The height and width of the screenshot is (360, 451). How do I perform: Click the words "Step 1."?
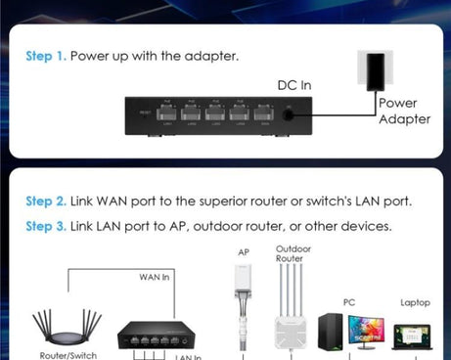45,56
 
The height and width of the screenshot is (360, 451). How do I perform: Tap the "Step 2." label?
45,202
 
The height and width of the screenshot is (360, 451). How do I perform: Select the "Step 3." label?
45,226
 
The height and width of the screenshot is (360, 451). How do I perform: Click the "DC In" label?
293,85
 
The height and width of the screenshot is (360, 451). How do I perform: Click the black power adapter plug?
374,68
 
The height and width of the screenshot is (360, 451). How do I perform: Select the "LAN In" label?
188,356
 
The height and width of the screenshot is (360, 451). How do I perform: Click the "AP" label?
244,252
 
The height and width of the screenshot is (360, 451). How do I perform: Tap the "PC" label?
350,303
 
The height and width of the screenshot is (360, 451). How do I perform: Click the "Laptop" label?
415,303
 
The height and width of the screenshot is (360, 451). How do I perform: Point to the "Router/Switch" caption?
68,355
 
